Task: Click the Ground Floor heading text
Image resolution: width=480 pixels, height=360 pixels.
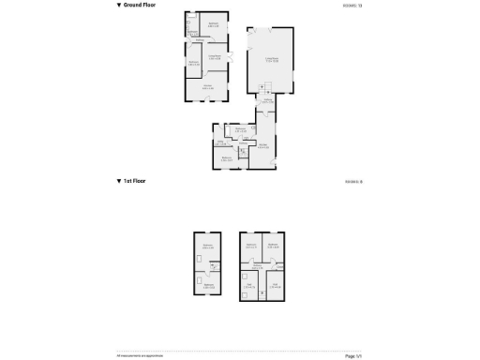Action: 141,6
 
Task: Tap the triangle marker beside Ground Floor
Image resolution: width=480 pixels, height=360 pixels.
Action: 119,6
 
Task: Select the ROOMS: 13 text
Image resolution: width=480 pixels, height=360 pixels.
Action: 353,6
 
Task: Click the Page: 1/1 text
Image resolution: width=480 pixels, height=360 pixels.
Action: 353,355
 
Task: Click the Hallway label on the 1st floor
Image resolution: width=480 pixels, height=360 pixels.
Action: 257,265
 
